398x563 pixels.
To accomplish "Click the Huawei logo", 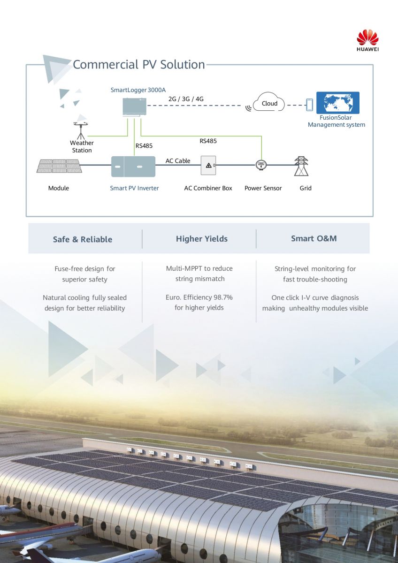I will pyautogui.click(x=367, y=39).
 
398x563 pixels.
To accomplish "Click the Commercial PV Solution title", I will pyautogui.click(x=139, y=64).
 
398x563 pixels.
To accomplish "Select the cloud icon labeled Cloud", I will pyautogui.click(x=269, y=103).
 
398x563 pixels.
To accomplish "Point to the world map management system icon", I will pyautogui.click(x=337, y=103).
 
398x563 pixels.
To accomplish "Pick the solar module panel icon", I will pyautogui.click(x=59, y=166).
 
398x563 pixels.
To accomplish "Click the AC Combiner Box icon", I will pyautogui.click(x=208, y=166).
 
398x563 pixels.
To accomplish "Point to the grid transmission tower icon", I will pyautogui.click(x=301, y=166).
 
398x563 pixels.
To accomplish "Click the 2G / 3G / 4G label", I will pyautogui.click(x=186, y=99).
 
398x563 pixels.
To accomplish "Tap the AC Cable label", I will pyautogui.click(x=178, y=161).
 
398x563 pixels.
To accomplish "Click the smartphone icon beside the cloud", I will pyautogui.click(x=309, y=105).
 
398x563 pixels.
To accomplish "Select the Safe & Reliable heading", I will pyautogui.click(x=83, y=239).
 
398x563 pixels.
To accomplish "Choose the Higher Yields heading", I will pyautogui.click(x=202, y=239).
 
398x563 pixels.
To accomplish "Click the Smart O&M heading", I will pyautogui.click(x=314, y=238).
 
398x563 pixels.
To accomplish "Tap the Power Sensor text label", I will pyautogui.click(x=263, y=188).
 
